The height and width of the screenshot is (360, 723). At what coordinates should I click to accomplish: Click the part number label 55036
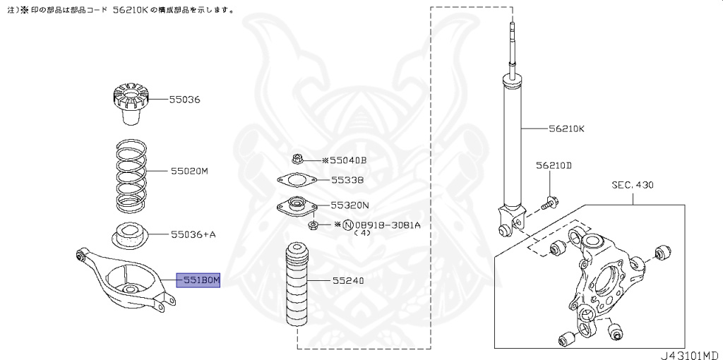click(184, 100)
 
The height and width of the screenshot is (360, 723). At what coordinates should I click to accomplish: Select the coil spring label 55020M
click(189, 171)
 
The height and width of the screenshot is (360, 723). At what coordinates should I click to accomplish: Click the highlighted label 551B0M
click(198, 280)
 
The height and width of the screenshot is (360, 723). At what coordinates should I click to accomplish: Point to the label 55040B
click(348, 160)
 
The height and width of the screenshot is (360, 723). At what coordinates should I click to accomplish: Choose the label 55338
click(347, 180)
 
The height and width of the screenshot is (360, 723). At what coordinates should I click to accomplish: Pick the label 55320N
click(350, 205)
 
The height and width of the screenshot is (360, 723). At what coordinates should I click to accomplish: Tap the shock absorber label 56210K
click(567, 129)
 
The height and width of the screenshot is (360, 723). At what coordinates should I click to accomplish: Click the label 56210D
click(553, 165)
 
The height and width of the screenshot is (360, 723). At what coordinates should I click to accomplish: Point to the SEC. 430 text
click(633, 185)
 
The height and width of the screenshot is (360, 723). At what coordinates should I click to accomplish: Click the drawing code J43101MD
click(690, 353)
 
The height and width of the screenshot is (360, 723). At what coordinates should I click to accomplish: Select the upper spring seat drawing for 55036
click(128, 104)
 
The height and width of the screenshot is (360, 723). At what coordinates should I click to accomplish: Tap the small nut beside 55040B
click(297, 160)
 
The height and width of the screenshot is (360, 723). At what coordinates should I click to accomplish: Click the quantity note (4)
click(362, 232)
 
